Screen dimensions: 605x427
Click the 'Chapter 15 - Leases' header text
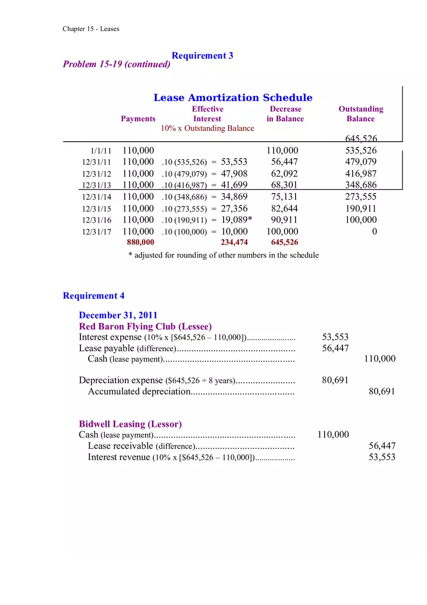point(91,29)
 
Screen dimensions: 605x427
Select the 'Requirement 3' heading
point(202,55)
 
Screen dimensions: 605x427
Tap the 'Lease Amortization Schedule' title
point(233,98)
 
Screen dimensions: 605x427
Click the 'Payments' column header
point(138,119)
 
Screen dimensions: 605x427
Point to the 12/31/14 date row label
point(97,197)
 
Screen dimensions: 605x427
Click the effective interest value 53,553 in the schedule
point(234,162)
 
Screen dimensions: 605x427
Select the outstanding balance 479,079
point(361,162)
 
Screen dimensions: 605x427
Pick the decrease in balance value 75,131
point(284,197)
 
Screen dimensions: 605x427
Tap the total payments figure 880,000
point(140,242)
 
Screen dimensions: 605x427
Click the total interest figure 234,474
point(234,242)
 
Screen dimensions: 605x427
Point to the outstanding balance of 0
point(374,232)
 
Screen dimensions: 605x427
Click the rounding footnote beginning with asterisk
point(223,255)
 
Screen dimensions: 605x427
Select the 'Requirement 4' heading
point(94,296)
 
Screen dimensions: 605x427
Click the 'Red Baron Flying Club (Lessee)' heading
point(145,327)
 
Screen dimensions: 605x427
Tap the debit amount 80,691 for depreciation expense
point(335,380)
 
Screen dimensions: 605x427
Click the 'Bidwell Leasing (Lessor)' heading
point(130,424)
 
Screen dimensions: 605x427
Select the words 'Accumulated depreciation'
point(139,392)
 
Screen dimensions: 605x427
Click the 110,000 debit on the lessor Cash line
point(333,435)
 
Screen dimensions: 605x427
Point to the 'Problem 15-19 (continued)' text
point(116,65)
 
